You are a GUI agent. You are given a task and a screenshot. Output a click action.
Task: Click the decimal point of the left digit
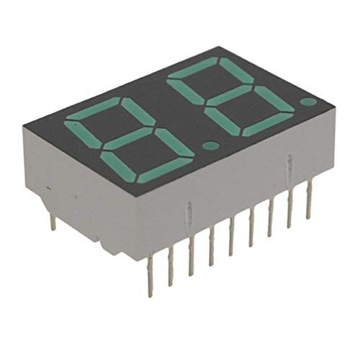(x=208, y=145)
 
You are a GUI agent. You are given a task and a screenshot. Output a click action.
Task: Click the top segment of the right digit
(x=193, y=67)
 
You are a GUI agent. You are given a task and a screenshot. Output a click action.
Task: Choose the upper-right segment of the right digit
(x=236, y=70)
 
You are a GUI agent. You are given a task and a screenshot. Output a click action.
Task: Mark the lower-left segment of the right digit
(x=220, y=121)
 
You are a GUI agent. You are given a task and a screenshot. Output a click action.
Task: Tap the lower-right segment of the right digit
(x=274, y=99)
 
